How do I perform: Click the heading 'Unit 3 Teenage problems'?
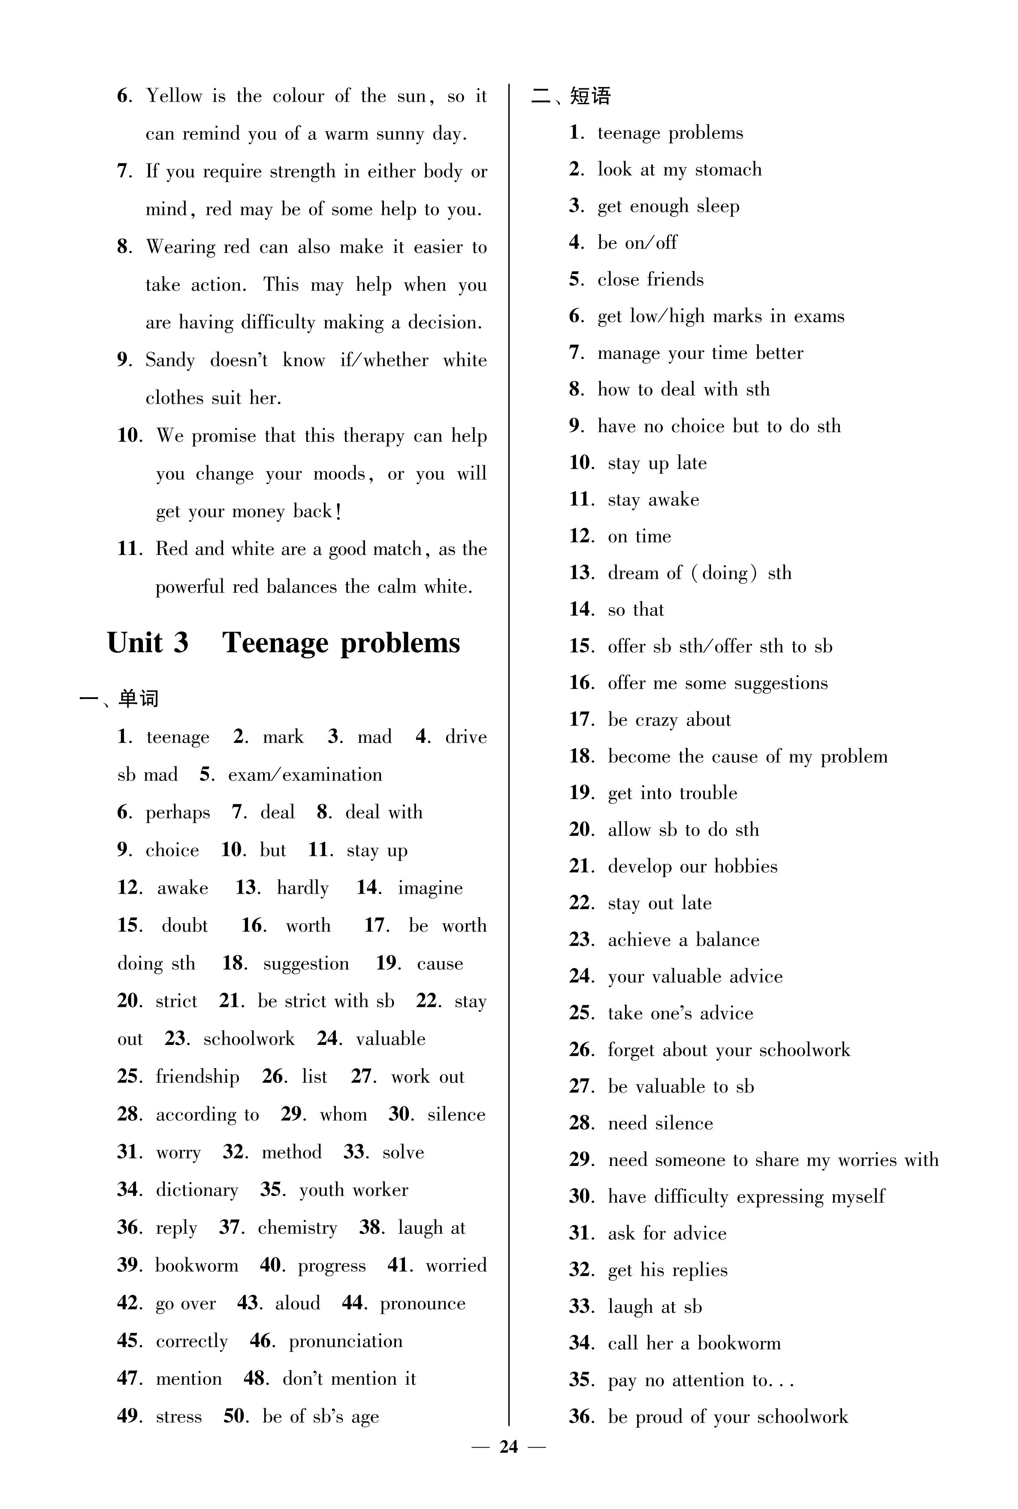283,643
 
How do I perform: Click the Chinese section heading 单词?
138,699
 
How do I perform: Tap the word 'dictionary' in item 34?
197,1190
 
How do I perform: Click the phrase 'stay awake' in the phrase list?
653,500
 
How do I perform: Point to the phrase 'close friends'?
650,280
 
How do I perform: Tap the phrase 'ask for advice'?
667,1233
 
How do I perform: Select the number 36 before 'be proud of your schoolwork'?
581,1416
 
